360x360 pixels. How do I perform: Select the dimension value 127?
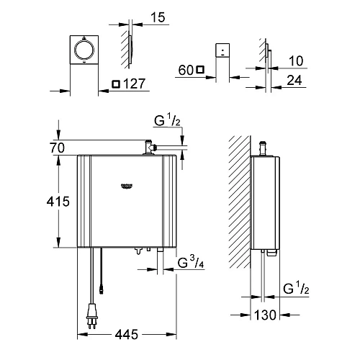135,84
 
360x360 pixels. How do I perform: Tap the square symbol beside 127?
117,84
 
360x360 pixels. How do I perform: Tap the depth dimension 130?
267,314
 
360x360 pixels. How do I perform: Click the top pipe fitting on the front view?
148,148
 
